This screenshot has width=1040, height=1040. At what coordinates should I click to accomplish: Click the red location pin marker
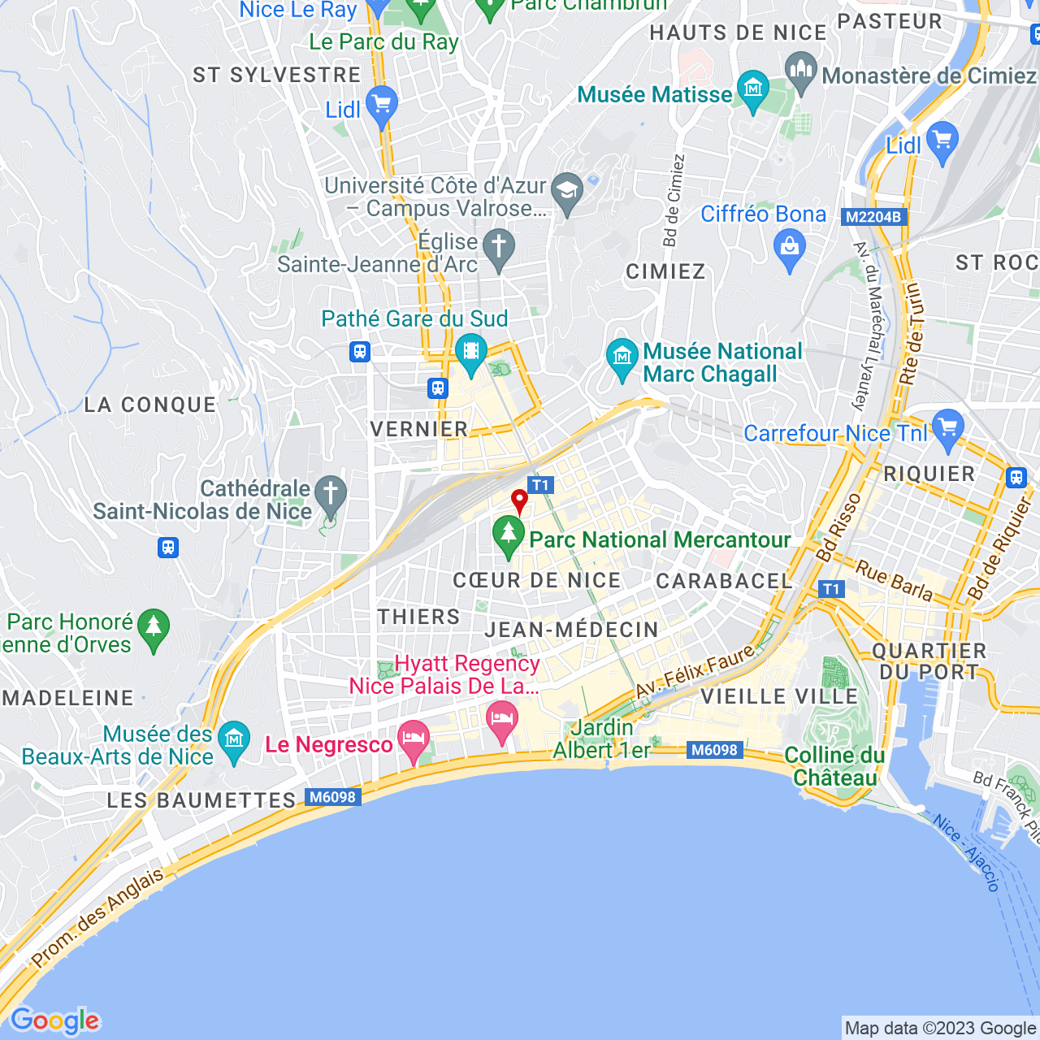(x=519, y=500)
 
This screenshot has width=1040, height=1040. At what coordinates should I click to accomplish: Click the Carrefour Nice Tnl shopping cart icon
(x=947, y=428)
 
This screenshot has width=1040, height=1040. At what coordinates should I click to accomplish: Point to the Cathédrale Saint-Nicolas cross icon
(x=330, y=494)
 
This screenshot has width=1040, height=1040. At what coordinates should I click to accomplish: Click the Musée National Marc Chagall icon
(x=622, y=357)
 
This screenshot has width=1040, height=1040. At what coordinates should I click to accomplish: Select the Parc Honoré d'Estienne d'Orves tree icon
(x=154, y=628)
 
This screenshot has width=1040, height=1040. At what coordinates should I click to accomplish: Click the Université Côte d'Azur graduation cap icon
(x=566, y=192)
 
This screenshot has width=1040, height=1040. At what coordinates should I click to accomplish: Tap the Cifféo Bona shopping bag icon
(x=789, y=247)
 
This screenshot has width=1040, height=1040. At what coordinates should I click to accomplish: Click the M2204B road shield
(x=873, y=217)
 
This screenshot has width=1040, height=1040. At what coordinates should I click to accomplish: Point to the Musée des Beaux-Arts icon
(x=234, y=739)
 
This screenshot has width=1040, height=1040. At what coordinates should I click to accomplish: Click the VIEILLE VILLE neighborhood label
(x=778, y=696)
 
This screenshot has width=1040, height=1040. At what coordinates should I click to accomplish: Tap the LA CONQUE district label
(x=150, y=405)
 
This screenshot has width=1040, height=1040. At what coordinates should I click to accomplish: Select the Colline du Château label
(x=834, y=766)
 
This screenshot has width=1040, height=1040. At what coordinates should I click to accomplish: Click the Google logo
(x=55, y=1020)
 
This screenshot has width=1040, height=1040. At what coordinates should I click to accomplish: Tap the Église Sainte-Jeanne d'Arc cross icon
(x=499, y=247)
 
